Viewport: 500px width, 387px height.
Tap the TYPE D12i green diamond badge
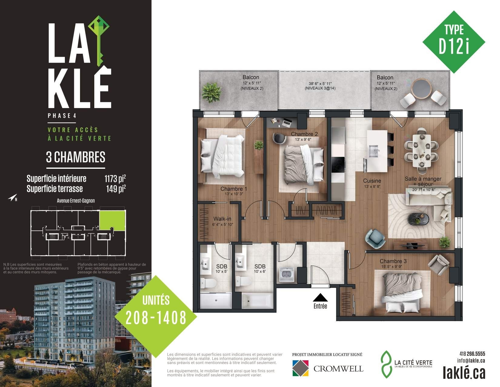pyautogui.click(x=454, y=42)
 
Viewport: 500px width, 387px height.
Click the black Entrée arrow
pyautogui.click(x=320, y=297)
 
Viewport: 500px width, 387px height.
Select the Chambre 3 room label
pyautogui.click(x=393, y=261)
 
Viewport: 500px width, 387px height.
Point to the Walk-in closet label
pyautogui.click(x=222, y=219)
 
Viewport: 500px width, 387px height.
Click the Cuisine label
pyautogui.click(x=372, y=181)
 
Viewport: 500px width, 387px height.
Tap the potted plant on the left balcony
pyautogui.click(x=212, y=92)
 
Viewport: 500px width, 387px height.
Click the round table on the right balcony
pyautogui.click(x=422, y=88)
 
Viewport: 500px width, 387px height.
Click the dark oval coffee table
pyautogui.click(x=418, y=219)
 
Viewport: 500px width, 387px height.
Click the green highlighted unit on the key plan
pyautogui.click(x=112, y=220)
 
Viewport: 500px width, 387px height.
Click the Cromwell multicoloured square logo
pyautogui.click(x=300, y=368)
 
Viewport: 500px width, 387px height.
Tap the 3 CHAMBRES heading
pyautogui.click(x=76, y=157)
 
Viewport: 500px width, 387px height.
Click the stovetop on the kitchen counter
pyautogui.click(x=338, y=164)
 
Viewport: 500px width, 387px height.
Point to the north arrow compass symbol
pyautogui.click(x=12, y=198)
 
